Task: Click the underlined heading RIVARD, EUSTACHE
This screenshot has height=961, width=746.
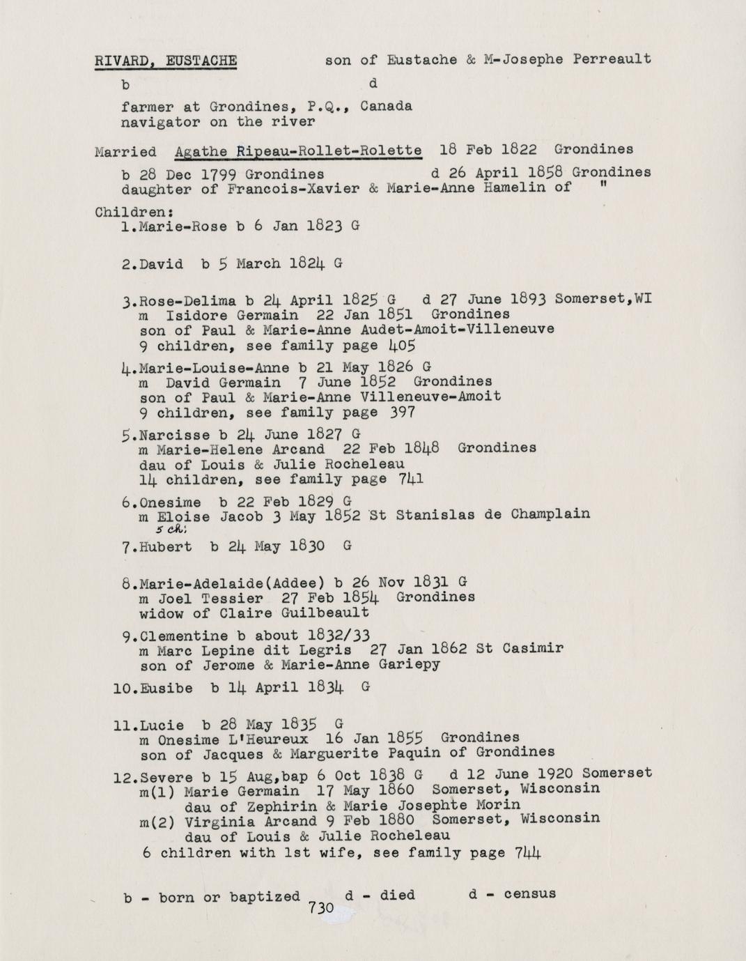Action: [166, 60]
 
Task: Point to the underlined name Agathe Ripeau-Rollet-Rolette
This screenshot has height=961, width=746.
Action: [298, 151]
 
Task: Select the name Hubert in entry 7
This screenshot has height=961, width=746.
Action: [166, 547]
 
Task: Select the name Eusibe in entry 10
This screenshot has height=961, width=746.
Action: [166, 688]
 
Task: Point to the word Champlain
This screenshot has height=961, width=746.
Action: [550, 514]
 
